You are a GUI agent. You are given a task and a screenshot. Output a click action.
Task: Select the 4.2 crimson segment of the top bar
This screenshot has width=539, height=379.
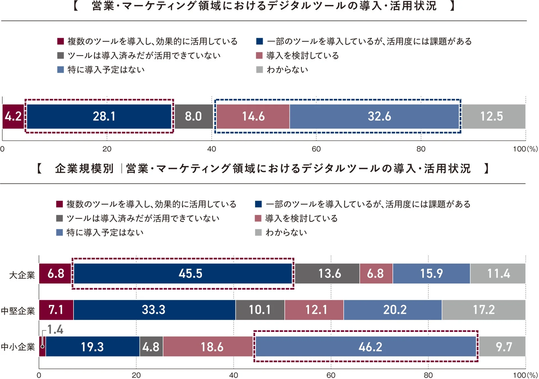tap(13, 116)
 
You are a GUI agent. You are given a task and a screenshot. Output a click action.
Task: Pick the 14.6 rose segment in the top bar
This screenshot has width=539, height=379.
tap(253, 116)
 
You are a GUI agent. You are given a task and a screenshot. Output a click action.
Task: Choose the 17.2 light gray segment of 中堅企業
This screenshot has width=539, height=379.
tap(483, 310)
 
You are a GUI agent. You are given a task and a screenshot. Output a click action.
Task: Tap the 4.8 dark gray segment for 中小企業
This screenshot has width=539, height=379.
tap(151, 346)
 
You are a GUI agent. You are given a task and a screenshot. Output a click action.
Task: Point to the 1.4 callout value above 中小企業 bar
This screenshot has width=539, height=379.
tap(55, 330)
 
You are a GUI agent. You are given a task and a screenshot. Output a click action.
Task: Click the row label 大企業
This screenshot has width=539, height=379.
tap(22, 275)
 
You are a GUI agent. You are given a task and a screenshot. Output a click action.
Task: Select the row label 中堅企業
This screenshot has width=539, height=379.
tap(18, 311)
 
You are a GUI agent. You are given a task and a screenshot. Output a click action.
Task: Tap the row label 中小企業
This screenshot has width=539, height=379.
tap(18, 347)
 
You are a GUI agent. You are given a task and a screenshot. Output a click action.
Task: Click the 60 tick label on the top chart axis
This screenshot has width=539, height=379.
tap(316, 149)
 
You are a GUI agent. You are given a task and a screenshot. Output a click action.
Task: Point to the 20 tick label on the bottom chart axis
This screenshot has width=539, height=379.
tap(136, 375)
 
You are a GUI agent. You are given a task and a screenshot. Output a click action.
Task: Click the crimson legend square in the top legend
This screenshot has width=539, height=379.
tap(60, 42)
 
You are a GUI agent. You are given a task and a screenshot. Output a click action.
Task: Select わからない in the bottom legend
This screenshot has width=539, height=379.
tap(286, 232)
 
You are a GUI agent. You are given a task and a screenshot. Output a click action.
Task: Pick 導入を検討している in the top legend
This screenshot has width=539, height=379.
tap(302, 56)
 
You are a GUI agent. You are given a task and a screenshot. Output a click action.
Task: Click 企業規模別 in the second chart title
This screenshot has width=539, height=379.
tap(84, 168)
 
